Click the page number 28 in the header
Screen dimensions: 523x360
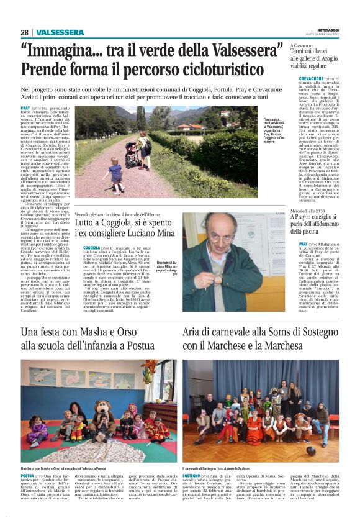[x=24, y=32]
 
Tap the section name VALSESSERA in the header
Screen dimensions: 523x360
[x=60, y=32]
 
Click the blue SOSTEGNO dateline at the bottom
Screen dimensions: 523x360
[x=194, y=475]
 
